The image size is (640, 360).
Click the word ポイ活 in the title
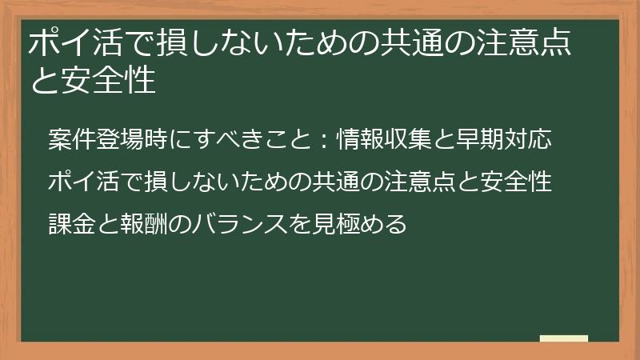69,43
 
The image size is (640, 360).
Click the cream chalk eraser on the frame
563,338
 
